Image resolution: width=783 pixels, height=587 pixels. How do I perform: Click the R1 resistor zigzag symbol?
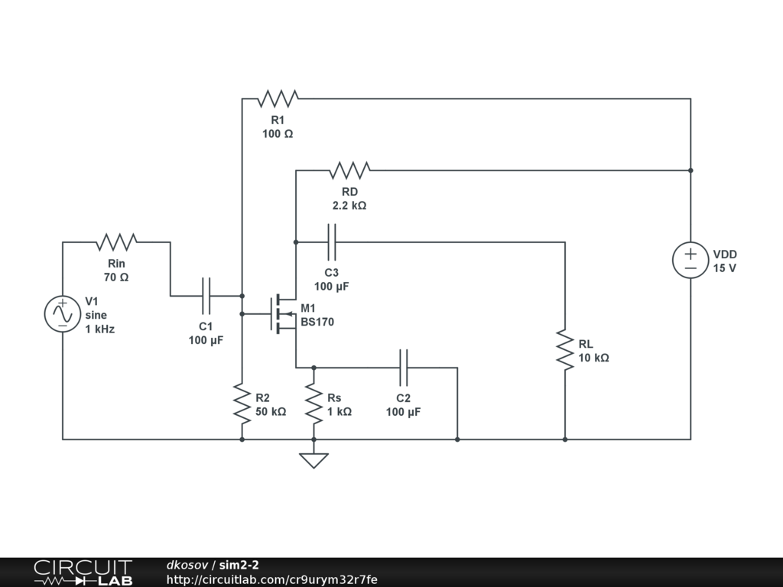pos(278,99)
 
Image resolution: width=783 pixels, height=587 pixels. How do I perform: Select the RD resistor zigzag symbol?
pos(349,170)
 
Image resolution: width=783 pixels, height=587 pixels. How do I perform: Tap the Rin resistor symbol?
pos(116,242)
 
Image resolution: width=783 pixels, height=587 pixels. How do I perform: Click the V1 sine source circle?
pos(63,314)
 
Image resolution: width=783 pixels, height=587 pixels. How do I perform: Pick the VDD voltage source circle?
pos(690,260)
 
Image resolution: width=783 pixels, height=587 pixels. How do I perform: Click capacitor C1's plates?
pos(206,296)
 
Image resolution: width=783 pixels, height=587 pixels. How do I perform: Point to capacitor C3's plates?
pos(332,242)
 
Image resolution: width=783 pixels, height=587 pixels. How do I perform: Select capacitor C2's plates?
pos(404,368)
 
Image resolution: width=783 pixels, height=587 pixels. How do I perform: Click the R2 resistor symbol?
pos(242,404)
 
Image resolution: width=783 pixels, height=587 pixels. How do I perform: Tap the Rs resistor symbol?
pos(314,404)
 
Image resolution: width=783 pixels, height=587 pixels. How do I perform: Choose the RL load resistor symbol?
pos(565,350)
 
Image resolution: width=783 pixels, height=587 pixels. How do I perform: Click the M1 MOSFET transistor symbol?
pos(283,314)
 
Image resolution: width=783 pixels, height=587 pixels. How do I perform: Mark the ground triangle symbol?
pos(314,460)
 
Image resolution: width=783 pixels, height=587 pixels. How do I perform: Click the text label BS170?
pos(317,322)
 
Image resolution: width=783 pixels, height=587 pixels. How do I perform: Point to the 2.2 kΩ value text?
pos(349,206)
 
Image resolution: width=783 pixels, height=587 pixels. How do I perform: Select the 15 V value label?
pos(725,268)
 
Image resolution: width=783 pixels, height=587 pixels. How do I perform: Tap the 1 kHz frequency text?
pos(100,329)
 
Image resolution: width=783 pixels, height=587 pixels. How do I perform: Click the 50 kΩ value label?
pos(271,412)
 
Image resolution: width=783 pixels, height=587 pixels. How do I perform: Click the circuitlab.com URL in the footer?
pos(272,579)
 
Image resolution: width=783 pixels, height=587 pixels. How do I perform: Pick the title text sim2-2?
pos(239,565)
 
